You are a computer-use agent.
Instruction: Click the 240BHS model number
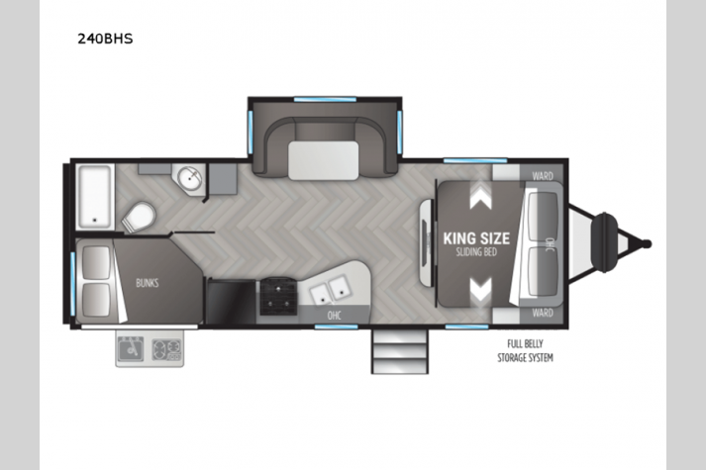click(x=105, y=39)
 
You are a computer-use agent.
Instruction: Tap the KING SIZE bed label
click(x=476, y=238)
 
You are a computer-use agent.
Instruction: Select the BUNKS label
click(x=148, y=283)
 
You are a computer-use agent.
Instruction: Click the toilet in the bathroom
click(x=139, y=218)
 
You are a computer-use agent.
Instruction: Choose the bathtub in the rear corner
click(x=95, y=197)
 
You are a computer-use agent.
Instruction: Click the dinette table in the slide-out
click(x=323, y=160)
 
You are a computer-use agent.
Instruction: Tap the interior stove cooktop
click(x=277, y=297)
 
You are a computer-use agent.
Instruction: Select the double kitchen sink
click(x=330, y=290)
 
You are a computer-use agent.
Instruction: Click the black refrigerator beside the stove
click(x=231, y=302)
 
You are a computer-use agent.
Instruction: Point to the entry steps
click(x=400, y=351)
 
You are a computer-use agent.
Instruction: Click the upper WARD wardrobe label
click(x=542, y=176)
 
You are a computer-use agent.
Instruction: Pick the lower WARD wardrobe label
click(x=542, y=313)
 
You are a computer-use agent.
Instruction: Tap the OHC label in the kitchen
click(x=334, y=316)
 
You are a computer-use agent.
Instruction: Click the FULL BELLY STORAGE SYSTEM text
click(x=525, y=351)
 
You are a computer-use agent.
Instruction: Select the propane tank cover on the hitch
click(x=604, y=242)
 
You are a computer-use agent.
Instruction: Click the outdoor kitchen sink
click(x=130, y=348)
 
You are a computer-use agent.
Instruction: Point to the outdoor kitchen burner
click(x=166, y=349)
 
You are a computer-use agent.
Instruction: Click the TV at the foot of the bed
click(x=426, y=242)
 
